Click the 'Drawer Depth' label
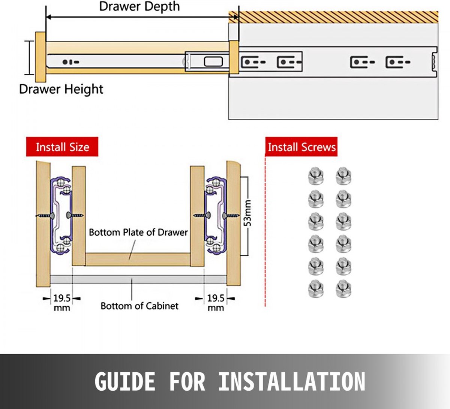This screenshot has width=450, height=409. (139, 6)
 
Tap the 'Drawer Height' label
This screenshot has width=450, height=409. (61, 89)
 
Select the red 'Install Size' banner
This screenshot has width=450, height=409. (62, 147)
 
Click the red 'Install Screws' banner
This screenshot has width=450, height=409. (301, 147)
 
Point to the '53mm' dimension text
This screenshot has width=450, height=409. (247, 213)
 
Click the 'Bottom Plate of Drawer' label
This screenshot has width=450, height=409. (138, 233)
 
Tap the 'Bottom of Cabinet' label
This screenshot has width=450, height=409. (139, 306)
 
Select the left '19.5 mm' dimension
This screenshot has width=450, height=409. (62, 303)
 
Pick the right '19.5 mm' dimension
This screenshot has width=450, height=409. (216, 303)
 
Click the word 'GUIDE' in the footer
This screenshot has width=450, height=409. (124, 382)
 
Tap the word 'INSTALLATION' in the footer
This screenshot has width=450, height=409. (292, 382)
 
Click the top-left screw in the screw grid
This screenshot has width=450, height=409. (315, 176)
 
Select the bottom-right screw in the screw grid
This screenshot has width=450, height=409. (343, 289)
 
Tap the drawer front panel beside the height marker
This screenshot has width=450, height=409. (40, 57)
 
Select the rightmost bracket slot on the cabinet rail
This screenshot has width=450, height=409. (397, 62)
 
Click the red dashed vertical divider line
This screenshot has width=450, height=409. (265, 232)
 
